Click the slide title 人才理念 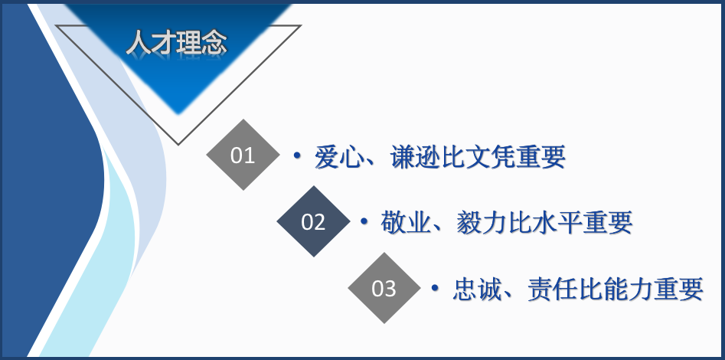point(176,42)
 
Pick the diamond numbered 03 point(384,288)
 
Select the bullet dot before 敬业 point(364,222)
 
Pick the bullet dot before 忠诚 point(434,289)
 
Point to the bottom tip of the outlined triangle point(178,143)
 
